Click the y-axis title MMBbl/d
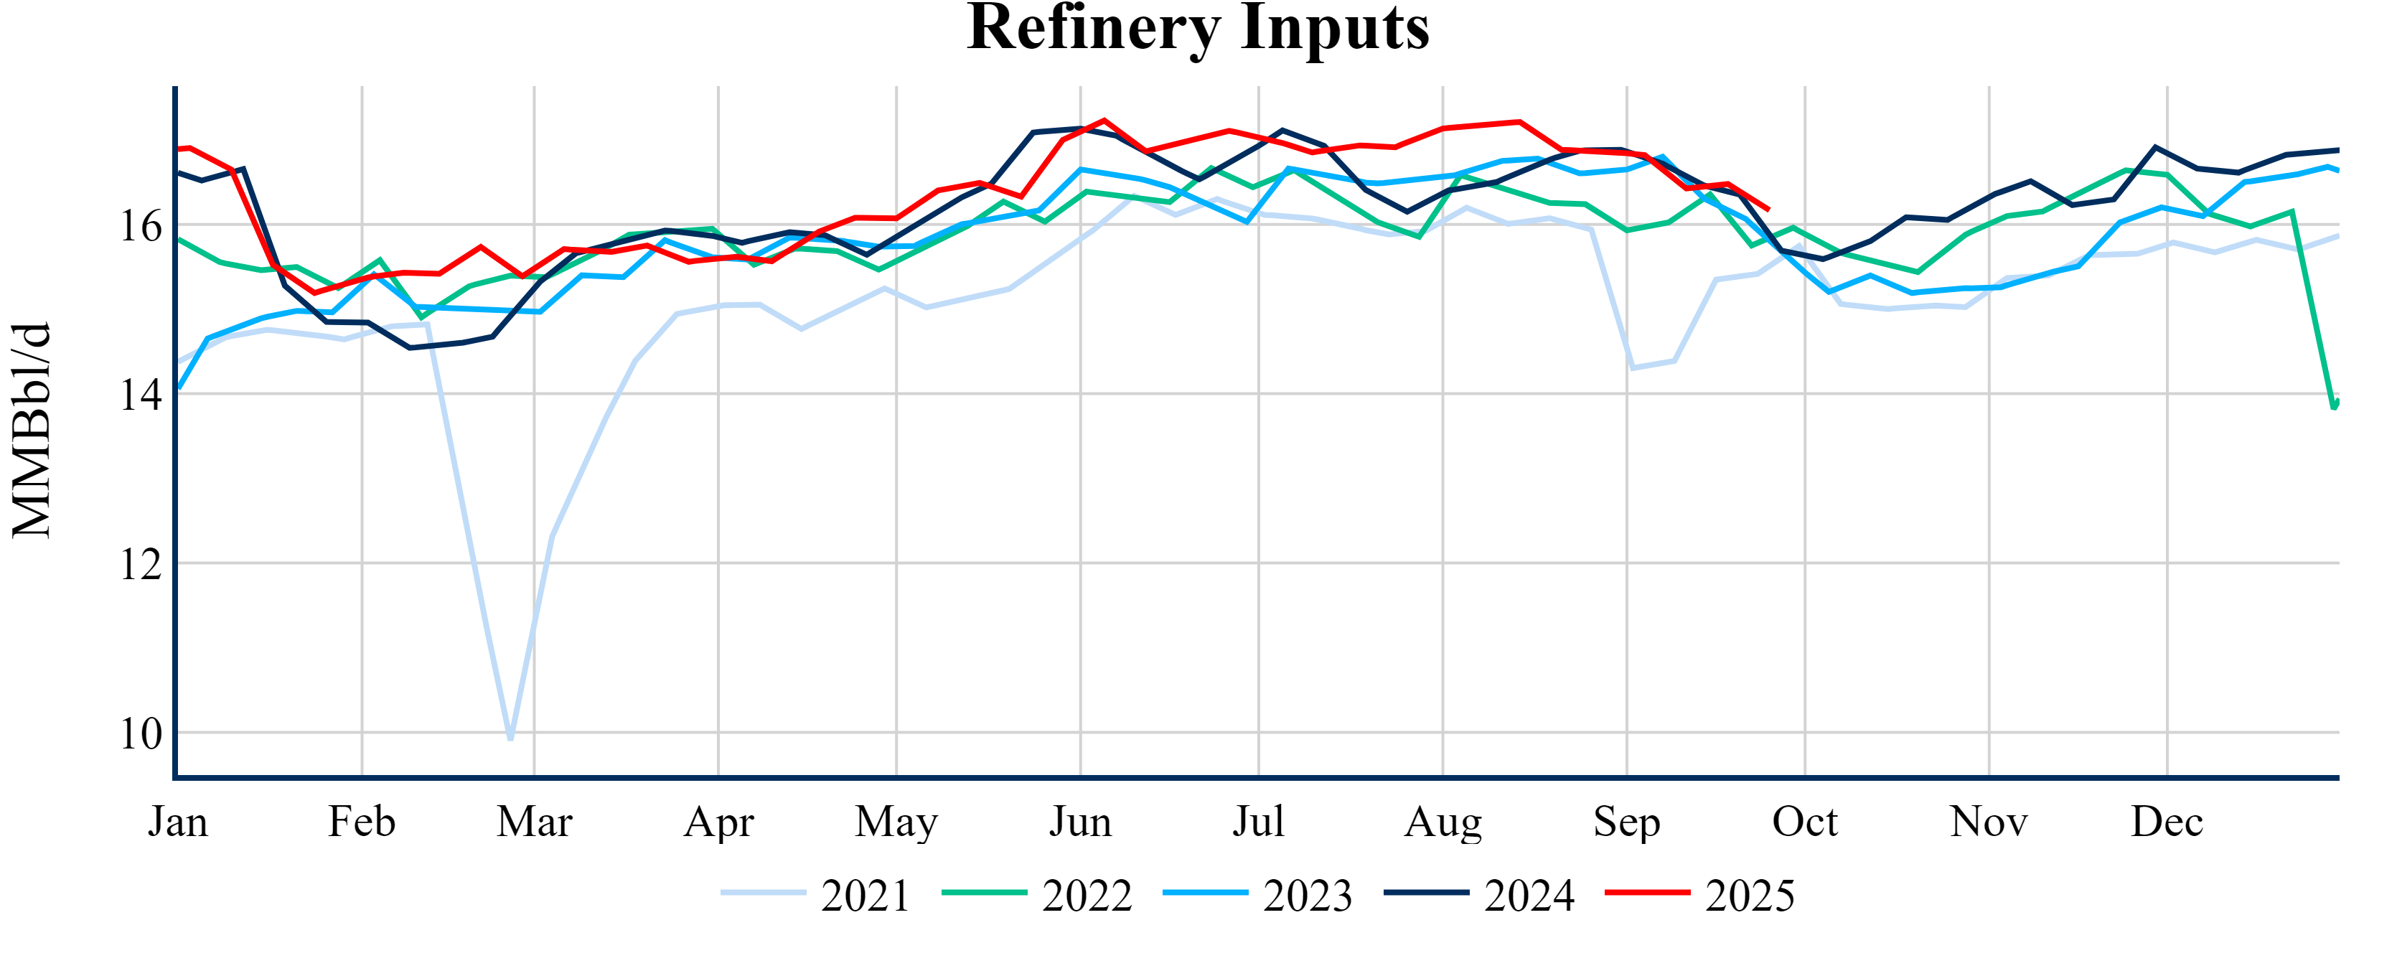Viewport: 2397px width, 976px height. pyautogui.click(x=32, y=431)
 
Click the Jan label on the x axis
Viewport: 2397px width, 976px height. pyautogui.click(x=178, y=822)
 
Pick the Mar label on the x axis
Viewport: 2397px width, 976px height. pyautogui.click(x=534, y=822)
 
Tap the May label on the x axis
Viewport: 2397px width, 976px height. pyautogui.click(x=896, y=822)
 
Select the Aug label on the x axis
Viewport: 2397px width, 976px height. pyautogui.click(x=1443, y=822)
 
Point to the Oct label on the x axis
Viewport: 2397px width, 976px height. pyautogui.click(x=1804, y=822)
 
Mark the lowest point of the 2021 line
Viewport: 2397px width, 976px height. pyautogui.click(x=511, y=738)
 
